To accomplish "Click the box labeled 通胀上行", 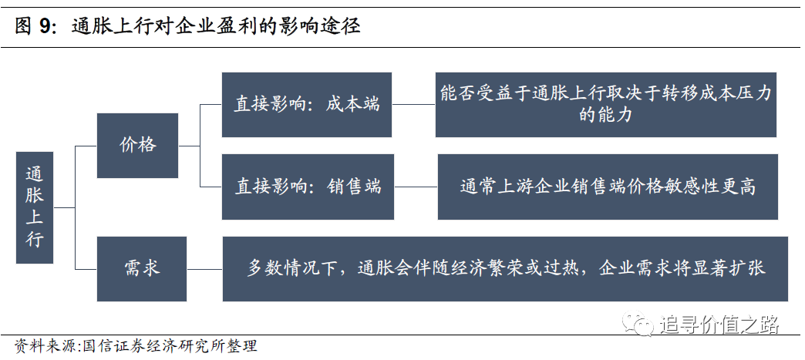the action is click(x=35, y=207).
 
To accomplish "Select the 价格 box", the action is click(x=137, y=146).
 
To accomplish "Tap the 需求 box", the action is click(x=142, y=268).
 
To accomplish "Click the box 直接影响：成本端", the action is click(x=306, y=105).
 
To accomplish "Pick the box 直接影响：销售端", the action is click(x=308, y=187).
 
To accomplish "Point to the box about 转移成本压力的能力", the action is click(x=606, y=105).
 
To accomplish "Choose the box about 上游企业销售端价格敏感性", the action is click(x=608, y=187).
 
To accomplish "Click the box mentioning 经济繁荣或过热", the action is click(x=505, y=268).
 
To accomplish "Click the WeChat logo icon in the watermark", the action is click(x=638, y=324).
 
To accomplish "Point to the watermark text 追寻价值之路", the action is click(x=719, y=325).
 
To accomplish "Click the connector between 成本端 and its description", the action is click(x=413, y=105).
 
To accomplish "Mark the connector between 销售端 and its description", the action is click(x=416, y=187).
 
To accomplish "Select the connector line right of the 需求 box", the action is click(x=204, y=268).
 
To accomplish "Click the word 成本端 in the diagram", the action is click(x=352, y=104).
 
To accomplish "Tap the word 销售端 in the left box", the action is click(x=354, y=187).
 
